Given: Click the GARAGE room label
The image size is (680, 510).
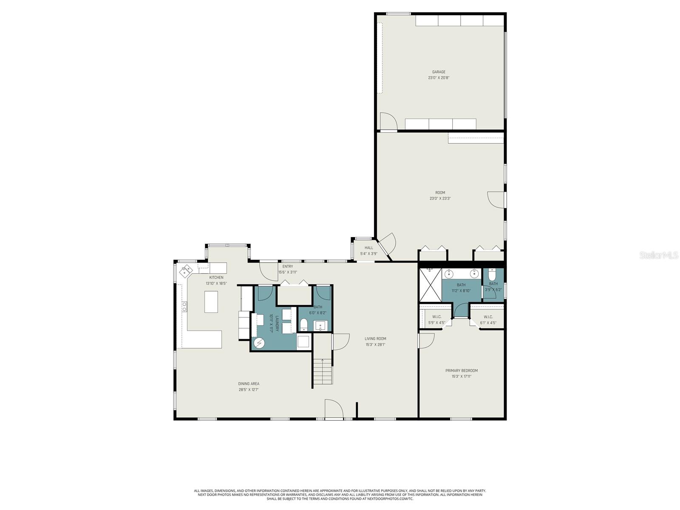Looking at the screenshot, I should [x=439, y=72].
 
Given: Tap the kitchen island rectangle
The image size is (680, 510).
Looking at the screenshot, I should [x=211, y=301].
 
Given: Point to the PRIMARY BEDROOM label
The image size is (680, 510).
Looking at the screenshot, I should [x=461, y=371].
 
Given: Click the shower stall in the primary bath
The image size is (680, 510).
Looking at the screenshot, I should [x=430, y=284].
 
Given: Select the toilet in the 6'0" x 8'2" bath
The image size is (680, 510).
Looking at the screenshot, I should [x=304, y=325].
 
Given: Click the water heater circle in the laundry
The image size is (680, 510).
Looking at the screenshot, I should [x=259, y=343].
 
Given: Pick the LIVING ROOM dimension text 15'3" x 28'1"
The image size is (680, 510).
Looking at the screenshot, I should [x=375, y=345].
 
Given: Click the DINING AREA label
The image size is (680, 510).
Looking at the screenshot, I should [x=249, y=384].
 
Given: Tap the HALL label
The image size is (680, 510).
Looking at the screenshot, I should [x=368, y=248].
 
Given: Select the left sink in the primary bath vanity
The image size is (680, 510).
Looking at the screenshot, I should [x=448, y=274].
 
